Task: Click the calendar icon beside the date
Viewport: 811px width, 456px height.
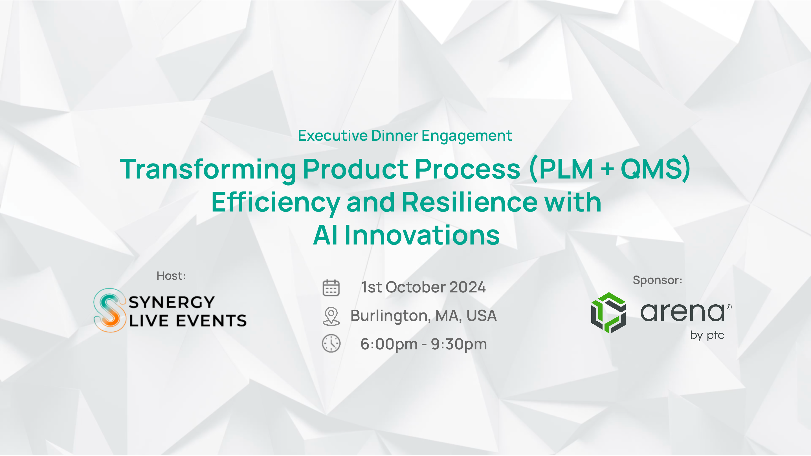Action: pyautogui.click(x=331, y=288)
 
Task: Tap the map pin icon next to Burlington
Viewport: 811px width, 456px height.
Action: pyautogui.click(x=331, y=316)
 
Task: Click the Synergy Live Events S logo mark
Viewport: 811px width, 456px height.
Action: pyautogui.click(x=109, y=310)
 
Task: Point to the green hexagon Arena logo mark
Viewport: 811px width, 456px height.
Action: pyautogui.click(x=608, y=313)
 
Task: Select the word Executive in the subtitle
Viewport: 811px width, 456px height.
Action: pyautogui.click(x=333, y=136)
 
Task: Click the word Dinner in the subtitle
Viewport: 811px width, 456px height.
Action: pyautogui.click(x=395, y=136)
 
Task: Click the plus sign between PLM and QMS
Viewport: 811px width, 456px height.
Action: pyautogui.click(x=607, y=169)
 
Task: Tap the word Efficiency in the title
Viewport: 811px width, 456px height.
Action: pyautogui.click(x=276, y=203)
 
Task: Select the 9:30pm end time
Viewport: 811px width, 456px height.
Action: pyautogui.click(x=459, y=344)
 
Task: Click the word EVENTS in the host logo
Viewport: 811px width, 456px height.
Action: pyautogui.click(x=211, y=321)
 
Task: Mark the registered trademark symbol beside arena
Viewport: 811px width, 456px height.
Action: pyautogui.click(x=729, y=307)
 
